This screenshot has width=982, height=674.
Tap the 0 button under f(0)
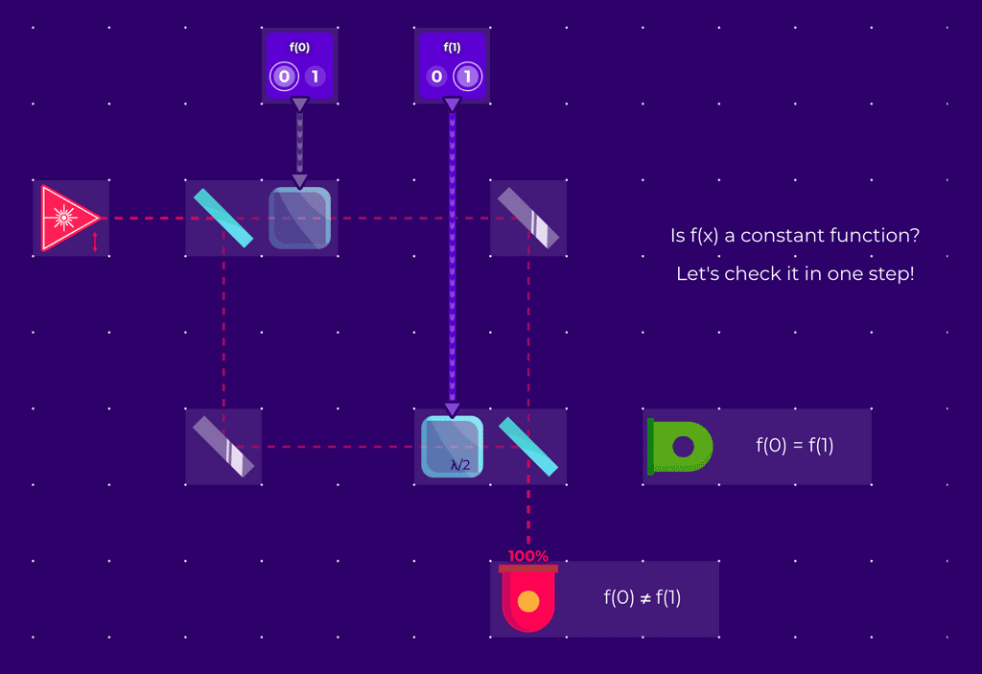tap(284, 77)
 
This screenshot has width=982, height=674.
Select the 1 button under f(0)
tap(316, 77)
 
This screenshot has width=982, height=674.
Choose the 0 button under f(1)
tap(436, 77)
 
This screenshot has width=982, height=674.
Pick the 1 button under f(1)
tap(468, 77)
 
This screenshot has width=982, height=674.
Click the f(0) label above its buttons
tap(299, 46)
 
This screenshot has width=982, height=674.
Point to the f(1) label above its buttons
tap(452, 46)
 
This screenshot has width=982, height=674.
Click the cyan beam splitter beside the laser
tap(223, 218)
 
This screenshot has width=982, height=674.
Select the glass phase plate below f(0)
tap(299, 218)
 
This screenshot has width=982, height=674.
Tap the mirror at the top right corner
tap(527, 218)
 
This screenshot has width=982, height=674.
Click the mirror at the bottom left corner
tap(223, 447)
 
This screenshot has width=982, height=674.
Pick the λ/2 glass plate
tap(452, 447)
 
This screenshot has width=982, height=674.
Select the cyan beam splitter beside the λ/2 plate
tap(527, 447)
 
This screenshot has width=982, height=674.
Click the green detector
tap(680, 447)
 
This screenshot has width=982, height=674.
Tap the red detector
tap(527, 600)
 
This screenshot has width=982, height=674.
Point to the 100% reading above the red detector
tap(527, 555)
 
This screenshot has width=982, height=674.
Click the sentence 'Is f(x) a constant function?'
tap(800, 235)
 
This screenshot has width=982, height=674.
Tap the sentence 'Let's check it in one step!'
tap(795, 274)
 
